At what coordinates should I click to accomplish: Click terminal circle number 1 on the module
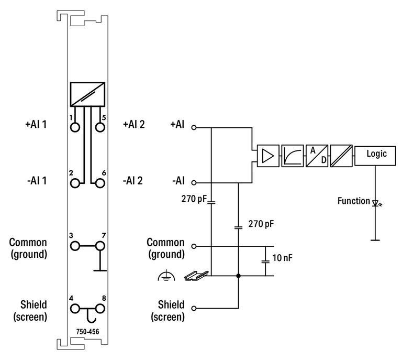pos(75,127)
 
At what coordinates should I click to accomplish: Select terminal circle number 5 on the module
pos(100,127)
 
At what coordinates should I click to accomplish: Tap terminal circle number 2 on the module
pos(75,183)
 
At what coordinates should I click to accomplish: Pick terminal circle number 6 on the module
pos(100,183)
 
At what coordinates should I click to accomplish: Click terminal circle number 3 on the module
pos(75,246)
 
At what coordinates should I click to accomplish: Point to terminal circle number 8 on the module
pos(100,308)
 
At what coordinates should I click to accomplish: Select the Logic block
pos(376,155)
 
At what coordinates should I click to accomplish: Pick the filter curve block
pos(292,156)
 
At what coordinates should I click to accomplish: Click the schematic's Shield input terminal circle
pos(194,308)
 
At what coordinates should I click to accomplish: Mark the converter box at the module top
pos(87,94)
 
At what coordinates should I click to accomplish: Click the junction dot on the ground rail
pos(239,275)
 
